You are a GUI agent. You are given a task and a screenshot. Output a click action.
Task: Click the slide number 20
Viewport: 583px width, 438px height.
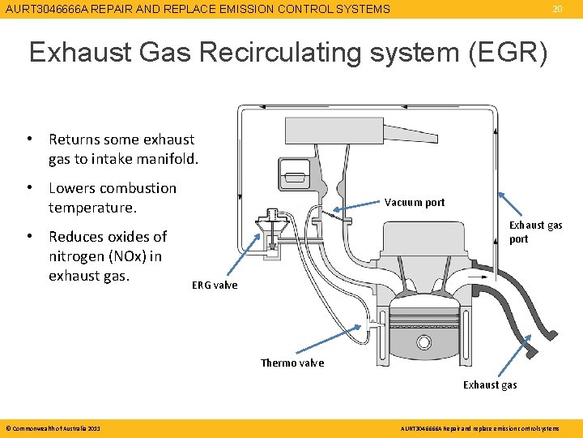click(x=557, y=9)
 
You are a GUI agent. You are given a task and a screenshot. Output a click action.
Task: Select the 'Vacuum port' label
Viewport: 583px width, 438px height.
click(x=415, y=202)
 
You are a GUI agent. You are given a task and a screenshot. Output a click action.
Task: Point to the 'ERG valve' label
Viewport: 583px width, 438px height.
click(x=215, y=285)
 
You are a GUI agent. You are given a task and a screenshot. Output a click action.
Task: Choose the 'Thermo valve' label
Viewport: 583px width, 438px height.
click(x=292, y=363)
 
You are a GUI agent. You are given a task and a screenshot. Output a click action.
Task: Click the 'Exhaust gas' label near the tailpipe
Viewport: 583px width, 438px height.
click(x=490, y=384)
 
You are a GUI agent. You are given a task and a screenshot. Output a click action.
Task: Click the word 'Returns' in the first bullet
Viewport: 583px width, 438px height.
click(x=78, y=140)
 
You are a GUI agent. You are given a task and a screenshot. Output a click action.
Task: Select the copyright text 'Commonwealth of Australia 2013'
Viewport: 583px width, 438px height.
click(x=53, y=427)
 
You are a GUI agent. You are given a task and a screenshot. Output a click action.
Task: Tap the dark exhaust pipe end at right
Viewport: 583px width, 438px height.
click(x=547, y=328)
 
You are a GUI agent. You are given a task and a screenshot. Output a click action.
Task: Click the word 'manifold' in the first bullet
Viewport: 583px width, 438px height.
click(x=167, y=159)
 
